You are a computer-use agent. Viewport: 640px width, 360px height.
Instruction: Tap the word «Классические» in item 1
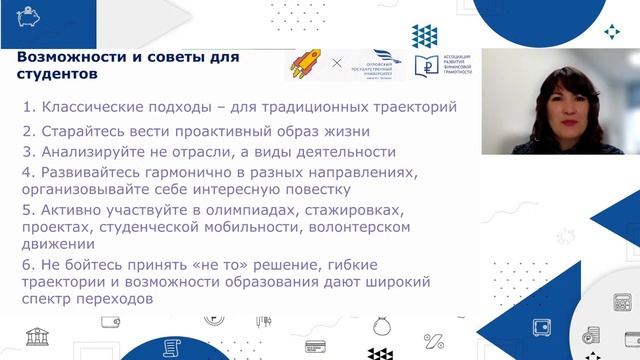95,106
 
